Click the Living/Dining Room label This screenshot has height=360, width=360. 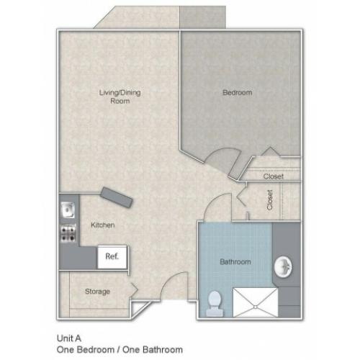click(x=120, y=96)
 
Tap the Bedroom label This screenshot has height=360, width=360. click(x=238, y=92)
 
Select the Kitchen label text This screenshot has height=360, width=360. click(x=103, y=225)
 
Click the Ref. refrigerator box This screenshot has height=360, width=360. click(x=112, y=257)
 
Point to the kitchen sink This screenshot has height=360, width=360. click(x=68, y=210)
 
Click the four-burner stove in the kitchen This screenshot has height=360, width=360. click(x=68, y=233)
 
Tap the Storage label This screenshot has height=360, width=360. click(x=97, y=292)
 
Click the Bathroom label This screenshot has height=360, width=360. click(x=235, y=261)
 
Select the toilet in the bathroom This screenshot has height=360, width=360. click(x=215, y=304)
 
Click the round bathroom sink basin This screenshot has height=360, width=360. click(x=283, y=267)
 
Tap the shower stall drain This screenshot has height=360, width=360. click(x=256, y=307)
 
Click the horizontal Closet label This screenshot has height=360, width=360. click(x=274, y=176)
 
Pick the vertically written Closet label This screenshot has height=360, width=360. click(x=270, y=200)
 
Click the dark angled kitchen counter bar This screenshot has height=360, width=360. click(x=117, y=197)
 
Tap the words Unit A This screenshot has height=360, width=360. click(x=69, y=338)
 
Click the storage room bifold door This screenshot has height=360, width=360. click(x=134, y=289)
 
